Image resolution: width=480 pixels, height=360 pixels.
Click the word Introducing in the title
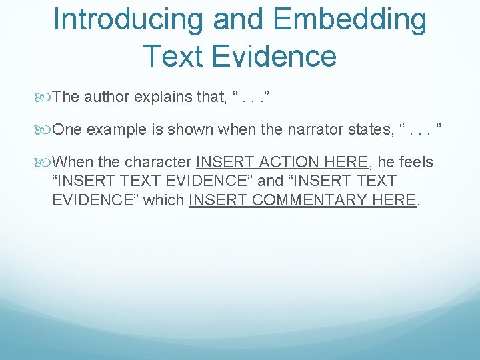[x=127, y=20]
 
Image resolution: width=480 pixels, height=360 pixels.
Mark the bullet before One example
[x=45, y=130]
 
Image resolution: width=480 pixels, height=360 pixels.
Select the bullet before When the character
[x=45, y=163]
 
